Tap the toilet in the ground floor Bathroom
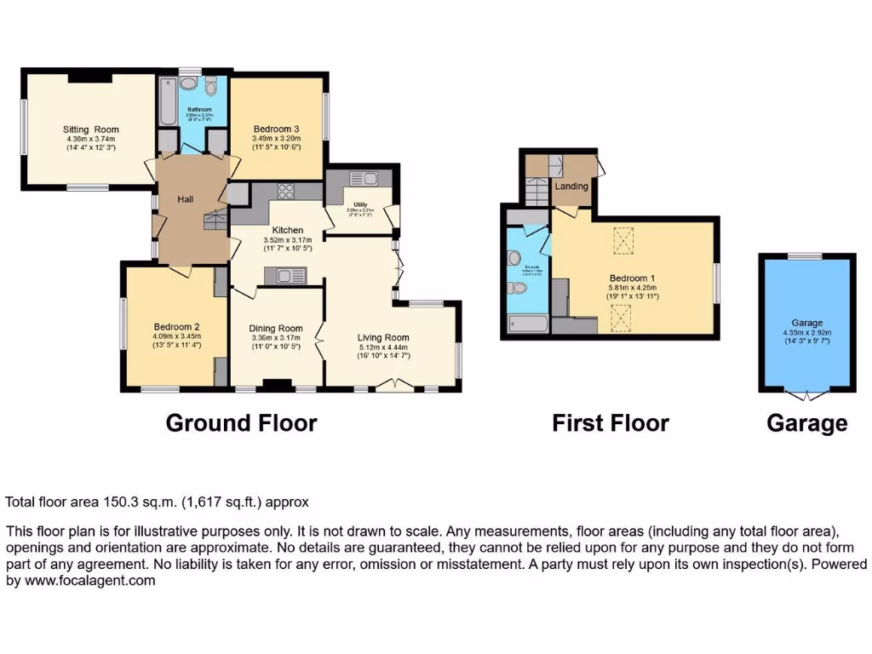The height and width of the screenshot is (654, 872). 210,87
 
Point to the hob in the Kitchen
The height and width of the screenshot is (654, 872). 284,192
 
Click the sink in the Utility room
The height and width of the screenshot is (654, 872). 370,178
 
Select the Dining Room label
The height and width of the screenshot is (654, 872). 276,328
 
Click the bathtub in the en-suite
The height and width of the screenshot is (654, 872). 528,323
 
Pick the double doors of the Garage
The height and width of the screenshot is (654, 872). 806,394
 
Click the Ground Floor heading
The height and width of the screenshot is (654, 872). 241,423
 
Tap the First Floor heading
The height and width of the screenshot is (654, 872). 611,423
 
